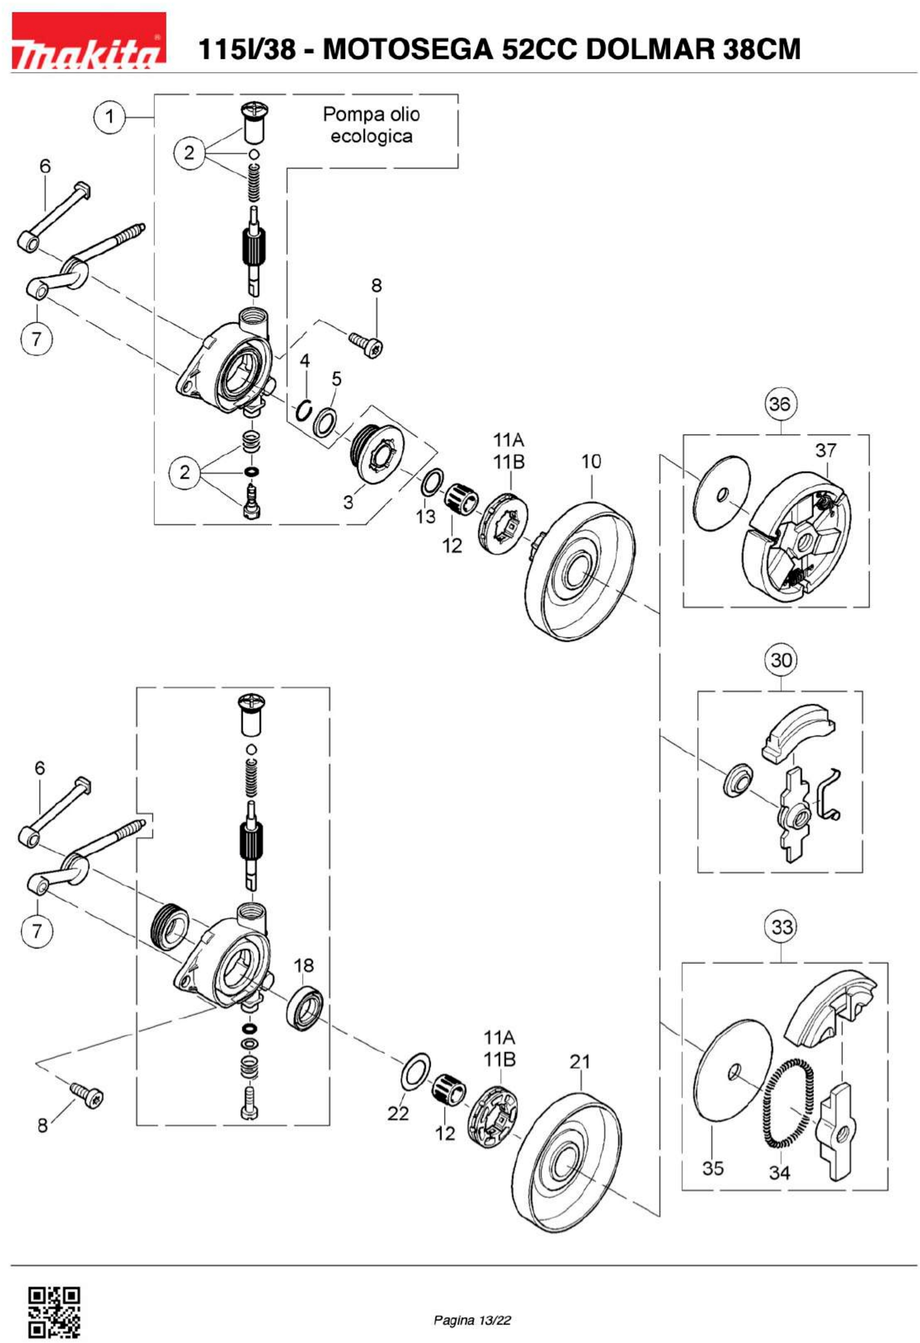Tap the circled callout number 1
pos(109,118)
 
